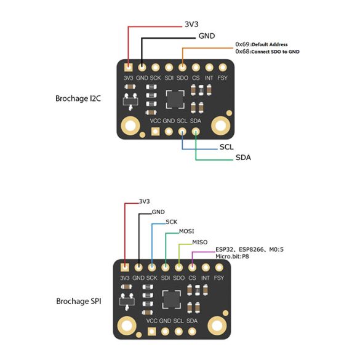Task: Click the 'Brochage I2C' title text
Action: click(78, 98)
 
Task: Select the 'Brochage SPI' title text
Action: click(79, 301)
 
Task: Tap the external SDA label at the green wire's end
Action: click(243, 158)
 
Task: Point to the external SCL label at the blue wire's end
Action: click(226, 147)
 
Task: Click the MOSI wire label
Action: click(186, 231)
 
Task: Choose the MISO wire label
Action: click(200, 242)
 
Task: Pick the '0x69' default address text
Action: click(242, 44)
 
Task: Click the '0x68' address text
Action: click(242, 51)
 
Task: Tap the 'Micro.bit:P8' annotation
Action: click(232, 257)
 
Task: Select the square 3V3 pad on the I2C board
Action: click(129, 68)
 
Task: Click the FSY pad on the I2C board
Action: click(223, 68)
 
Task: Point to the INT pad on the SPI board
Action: click(206, 268)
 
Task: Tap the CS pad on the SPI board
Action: click(192, 268)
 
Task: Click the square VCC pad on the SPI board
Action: click(151, 331)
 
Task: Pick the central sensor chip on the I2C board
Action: click(175, 100)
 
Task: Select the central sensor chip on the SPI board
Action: click(172, 300)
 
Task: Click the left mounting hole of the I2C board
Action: click(130, 126)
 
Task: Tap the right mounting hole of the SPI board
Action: click(217, 326)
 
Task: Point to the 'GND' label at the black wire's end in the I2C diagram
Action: click(207, 36)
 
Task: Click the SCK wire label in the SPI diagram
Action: click(172, 222)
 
